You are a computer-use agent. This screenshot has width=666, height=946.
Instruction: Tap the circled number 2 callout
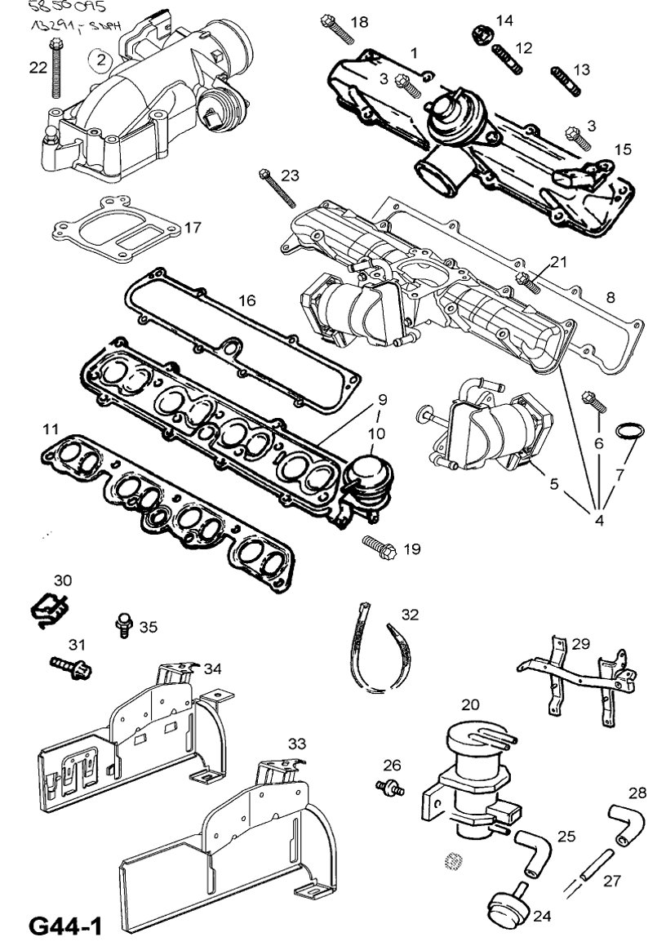pyautogui.click(x=100, y=58)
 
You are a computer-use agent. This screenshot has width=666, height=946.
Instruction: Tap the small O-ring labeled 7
pyautogui.click(x=626, y=432)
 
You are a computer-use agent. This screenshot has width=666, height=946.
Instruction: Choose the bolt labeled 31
pyautogui.click(x=72, y=667)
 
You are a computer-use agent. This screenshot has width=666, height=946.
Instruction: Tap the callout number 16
pyautogui.click(x=246, y=300)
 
